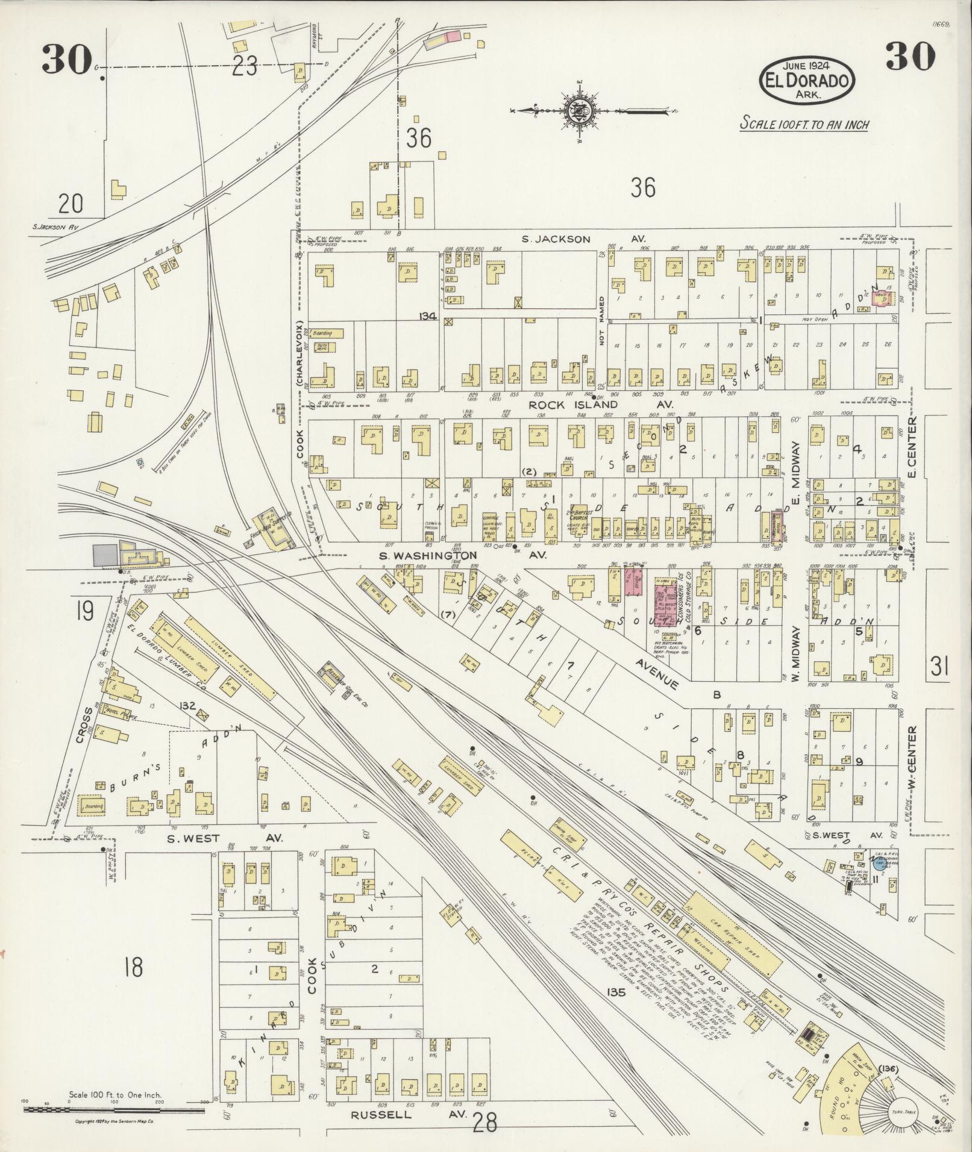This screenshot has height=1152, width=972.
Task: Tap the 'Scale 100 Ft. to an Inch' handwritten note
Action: coord(804,125)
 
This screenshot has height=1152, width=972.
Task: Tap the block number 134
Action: coord(428,316)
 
